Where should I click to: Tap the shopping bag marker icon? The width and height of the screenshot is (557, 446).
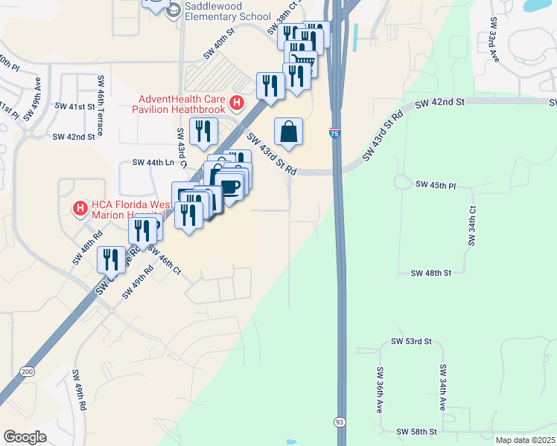click(x=289, y=133)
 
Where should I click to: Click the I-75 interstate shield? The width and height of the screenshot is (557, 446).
click(x=335, y=133)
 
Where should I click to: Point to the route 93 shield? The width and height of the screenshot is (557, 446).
click(x=340, y=421)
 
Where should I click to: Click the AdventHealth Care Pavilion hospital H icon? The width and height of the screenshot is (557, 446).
click(x=238, y=103)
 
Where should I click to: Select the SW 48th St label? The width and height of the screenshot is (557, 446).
click(x=432, y=274)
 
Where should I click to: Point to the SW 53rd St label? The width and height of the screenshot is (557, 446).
click(x=412, y=341)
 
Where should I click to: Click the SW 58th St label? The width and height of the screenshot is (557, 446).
click(x=416, y=432)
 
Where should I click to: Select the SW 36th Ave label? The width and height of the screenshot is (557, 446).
click(x=379, y=391)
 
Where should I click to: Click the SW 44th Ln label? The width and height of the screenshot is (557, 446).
click(x=153, y=162)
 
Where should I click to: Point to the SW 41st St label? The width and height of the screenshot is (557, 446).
click(x=77, y=106)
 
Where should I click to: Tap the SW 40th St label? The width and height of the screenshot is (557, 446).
click(x=219, y=49)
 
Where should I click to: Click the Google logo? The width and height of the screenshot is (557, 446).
click(x=25, y=437)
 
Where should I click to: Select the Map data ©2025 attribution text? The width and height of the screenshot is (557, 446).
click(x=525, y=440)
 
